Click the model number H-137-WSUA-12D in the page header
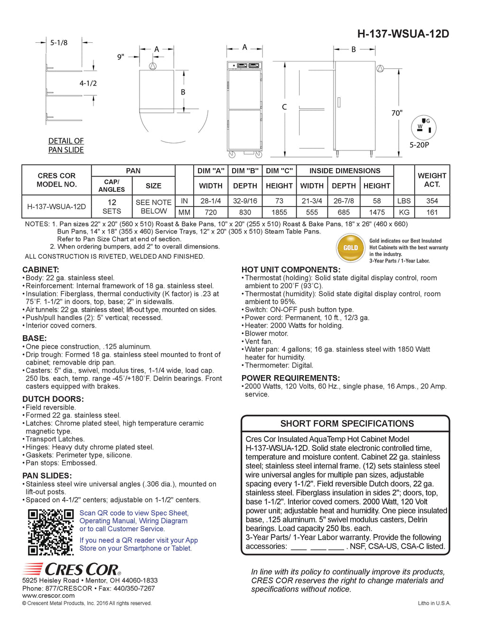(x=403, y=34)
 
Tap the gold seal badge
(x=350, y=247)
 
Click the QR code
(x=50, y=532)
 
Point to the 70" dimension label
(x=397, y=113)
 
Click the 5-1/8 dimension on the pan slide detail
(x=59, y=43)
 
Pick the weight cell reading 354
(x=432, y=201)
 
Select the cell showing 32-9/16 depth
(x=245, y=201)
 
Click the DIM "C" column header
(x=279, y=171)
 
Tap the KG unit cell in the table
(x=404, y=212)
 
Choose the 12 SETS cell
(x=112, y=207)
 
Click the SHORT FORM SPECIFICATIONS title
(x=347, y=423)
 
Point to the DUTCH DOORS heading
(x=53, y=399)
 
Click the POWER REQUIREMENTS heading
(x=290, y=378)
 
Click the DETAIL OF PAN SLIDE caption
(x=66, y=145)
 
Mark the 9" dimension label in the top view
(x=121, y=57)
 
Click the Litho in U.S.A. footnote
(x=434, y=603)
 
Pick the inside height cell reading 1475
(x=377, y=212)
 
